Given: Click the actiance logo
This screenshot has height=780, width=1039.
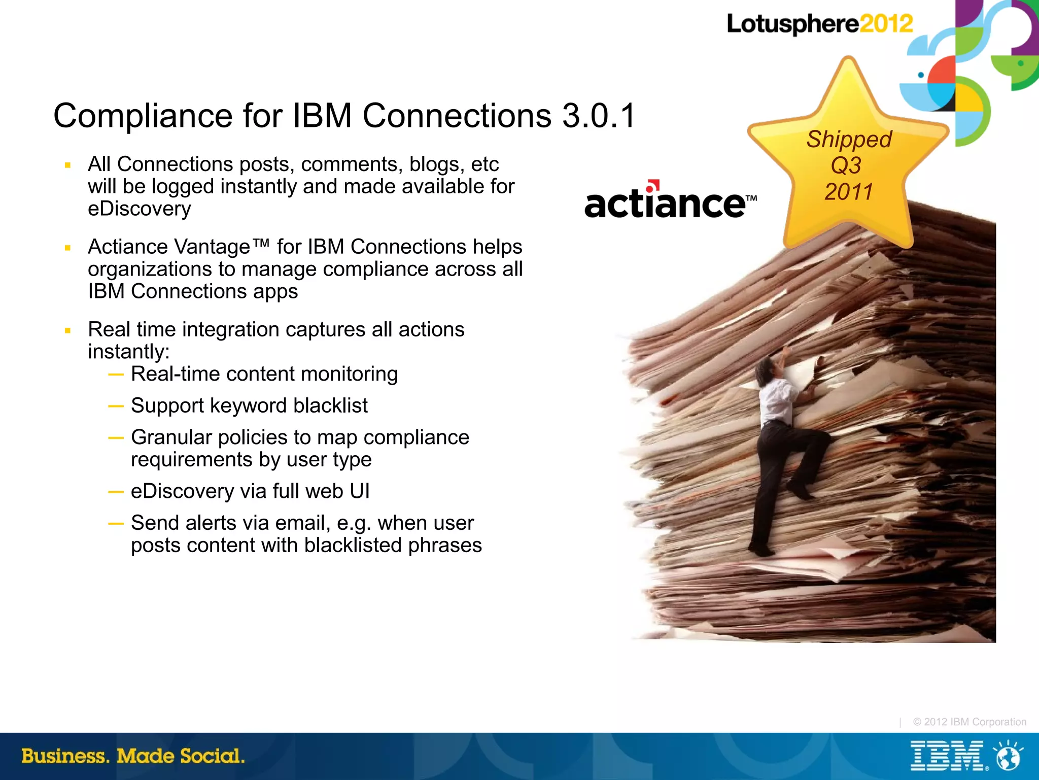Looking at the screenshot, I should (670, 203).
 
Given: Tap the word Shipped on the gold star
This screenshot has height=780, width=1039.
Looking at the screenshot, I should (849, 140).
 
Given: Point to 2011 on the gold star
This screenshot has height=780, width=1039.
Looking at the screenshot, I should (848, 192).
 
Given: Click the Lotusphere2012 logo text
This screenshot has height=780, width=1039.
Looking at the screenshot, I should (819, 24).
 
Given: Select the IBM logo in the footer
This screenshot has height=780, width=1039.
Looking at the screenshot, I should (947, 756).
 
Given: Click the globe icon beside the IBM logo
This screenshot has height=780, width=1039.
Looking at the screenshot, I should (1008, 757).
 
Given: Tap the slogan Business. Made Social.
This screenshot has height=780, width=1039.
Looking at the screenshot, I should (133, 756).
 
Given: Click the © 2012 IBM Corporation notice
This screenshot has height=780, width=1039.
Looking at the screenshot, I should (969, 722).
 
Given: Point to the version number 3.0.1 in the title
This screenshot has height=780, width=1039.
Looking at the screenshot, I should (599, 116).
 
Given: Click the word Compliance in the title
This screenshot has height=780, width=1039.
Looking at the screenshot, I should (143, 116).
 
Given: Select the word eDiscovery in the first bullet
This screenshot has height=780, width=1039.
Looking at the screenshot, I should (140, 209).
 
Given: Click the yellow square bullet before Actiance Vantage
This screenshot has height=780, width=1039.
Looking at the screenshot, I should (67, 248).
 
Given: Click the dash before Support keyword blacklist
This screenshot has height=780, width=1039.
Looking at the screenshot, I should (116, 406).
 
